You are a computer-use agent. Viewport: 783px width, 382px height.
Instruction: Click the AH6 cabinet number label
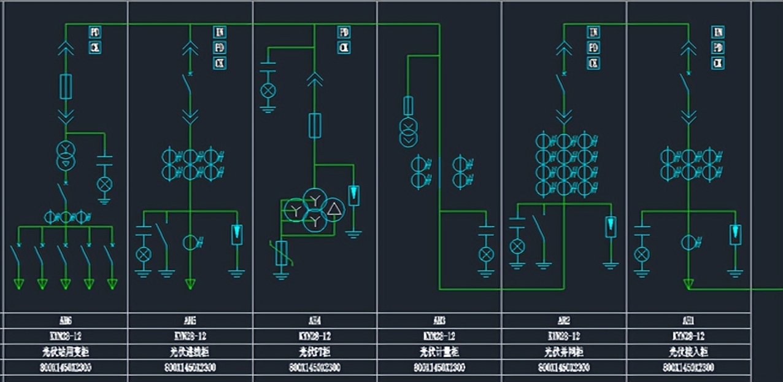click(65, 321)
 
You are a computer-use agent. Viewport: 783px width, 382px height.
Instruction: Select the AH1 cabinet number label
click(688, 321)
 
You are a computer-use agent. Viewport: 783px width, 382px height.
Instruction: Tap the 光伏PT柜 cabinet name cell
click(315, 352)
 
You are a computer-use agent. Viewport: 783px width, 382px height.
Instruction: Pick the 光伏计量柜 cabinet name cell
click(439, 352)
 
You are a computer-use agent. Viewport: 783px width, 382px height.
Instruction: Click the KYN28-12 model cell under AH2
click(564, 336)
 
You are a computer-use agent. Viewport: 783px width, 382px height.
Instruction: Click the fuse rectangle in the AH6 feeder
click(66, 87)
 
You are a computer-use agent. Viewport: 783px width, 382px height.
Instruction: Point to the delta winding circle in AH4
click(334, 210)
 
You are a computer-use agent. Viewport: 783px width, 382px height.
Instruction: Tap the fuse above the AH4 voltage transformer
click(315, 125)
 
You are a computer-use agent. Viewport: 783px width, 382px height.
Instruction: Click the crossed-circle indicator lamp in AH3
click(486, 254)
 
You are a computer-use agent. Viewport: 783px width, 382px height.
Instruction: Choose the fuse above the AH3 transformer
click(407, 106)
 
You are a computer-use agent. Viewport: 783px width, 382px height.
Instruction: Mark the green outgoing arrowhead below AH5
click(190, 284)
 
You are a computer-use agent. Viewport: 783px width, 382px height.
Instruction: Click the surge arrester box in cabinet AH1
click(735, 234)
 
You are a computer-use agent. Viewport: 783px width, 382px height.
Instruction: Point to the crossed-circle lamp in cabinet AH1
click(642, 254)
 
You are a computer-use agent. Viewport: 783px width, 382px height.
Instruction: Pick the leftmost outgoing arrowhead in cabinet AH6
click(19, 284)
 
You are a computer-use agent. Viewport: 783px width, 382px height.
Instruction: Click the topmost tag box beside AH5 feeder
click(219, 31)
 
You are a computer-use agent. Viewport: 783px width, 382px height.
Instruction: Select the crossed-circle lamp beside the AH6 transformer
click(104, 184)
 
